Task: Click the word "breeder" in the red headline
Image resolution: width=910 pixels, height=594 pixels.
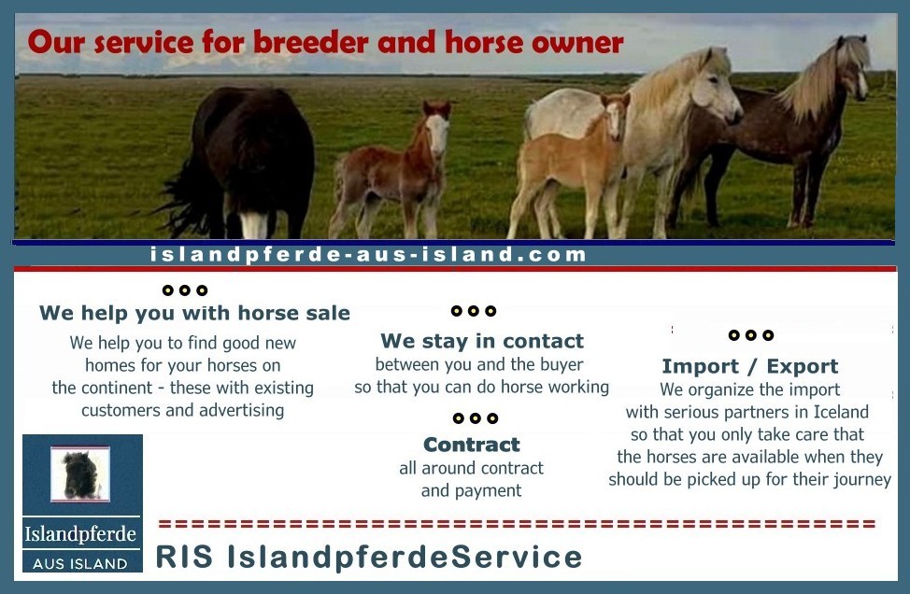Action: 310,42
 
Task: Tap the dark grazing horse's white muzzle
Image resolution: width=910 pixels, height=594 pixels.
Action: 253,225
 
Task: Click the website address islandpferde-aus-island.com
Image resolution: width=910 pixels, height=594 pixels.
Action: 368,255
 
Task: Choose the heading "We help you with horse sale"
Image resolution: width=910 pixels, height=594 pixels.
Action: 194,313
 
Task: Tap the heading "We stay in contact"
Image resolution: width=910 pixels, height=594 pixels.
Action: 482,341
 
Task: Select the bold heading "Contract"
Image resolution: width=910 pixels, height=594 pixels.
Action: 471,445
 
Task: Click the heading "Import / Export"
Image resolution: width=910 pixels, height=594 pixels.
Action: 750,366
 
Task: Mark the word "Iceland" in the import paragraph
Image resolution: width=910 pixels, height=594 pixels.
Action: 841,412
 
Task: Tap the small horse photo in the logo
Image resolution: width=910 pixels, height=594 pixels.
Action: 80,474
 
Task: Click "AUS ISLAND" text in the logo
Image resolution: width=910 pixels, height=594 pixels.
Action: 80,563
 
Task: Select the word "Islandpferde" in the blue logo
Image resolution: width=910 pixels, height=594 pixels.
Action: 80,533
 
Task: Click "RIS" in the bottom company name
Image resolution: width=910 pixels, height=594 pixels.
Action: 184,557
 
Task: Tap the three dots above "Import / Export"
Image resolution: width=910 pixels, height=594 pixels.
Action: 751,334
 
